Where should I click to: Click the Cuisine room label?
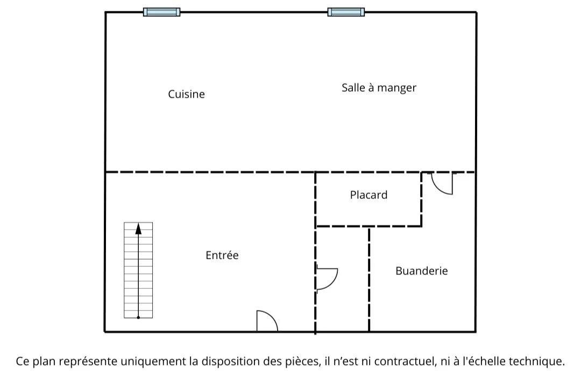(x=186, y=94)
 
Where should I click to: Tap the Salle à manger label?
(x=379, y=88)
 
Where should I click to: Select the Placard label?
(x=369, y=195)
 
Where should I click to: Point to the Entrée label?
(x=222, y=255)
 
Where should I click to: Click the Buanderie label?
(x=421, y=271)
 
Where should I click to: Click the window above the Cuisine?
(x=161, y=12)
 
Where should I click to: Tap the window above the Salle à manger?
(x=346, y=12)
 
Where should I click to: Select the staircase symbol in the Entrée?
(x=138, y=270)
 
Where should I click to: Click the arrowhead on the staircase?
(x=138, y=228)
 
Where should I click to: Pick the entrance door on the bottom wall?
(x=266, y=322)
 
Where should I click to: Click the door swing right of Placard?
(x=442, y=183)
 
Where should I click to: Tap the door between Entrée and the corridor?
(x=326, y=279)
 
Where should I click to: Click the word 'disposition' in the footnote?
(x=226, y=362)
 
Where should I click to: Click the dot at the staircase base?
(x=138, y=317)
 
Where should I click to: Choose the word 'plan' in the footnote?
(x=43, y=362)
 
